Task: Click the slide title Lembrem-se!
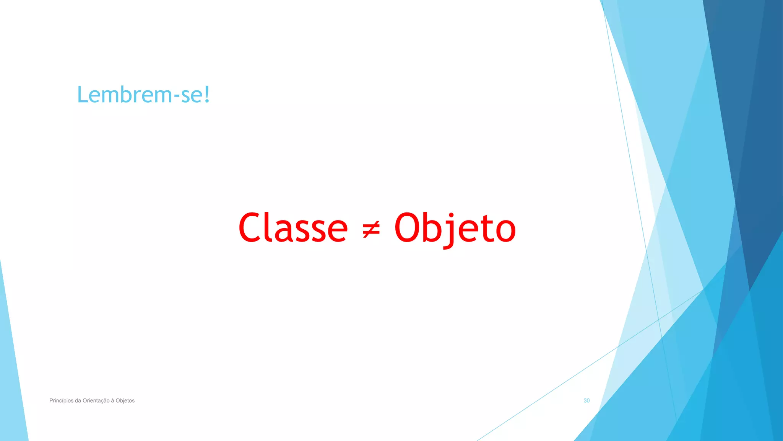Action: (143, 95)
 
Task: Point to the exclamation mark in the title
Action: (207, 95)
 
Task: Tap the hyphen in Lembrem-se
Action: (177, 96)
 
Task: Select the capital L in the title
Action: (83, 95)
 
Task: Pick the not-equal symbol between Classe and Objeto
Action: (371, 229)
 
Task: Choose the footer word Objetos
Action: (125, 401)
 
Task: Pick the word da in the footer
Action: (78, 401)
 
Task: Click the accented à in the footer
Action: (112, 401)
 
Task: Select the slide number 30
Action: (586, 401)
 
